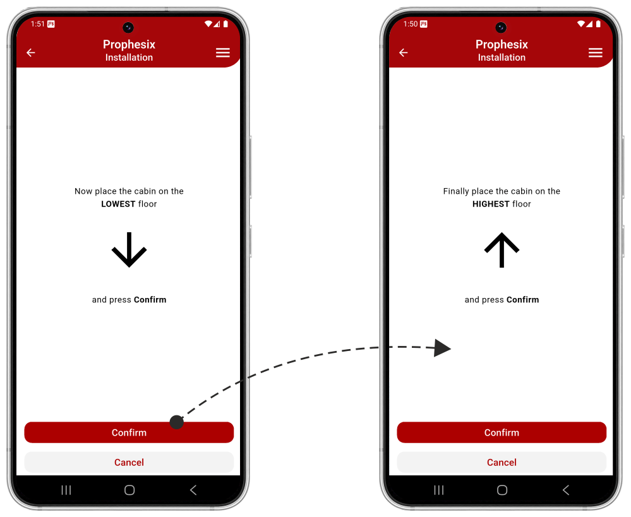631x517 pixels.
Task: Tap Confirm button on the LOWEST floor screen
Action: (129, 432)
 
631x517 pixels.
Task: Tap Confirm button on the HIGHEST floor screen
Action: (502, 432)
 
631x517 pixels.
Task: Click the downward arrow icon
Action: (129, 249)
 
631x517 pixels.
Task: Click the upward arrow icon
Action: (502, 249)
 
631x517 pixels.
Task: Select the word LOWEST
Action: (118, 204)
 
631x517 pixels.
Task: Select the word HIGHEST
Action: (491, 204)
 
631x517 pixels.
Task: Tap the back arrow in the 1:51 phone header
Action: (31, 52)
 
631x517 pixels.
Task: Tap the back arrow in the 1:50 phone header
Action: (404, 52)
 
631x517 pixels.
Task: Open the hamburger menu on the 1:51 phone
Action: (222, 52)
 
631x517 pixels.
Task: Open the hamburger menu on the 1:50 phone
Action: (595, 52)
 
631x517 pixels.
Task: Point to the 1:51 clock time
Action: (37, 24)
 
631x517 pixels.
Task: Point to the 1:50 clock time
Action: (411, 24)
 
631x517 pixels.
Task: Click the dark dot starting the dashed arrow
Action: (177, 422)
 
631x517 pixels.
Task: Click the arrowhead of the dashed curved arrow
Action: (442, 348)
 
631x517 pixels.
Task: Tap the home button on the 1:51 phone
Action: (129, 490)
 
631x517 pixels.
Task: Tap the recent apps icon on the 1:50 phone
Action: (438, 490)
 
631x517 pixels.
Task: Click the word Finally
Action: (456, 191)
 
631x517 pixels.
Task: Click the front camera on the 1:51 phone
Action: (128, 27)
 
